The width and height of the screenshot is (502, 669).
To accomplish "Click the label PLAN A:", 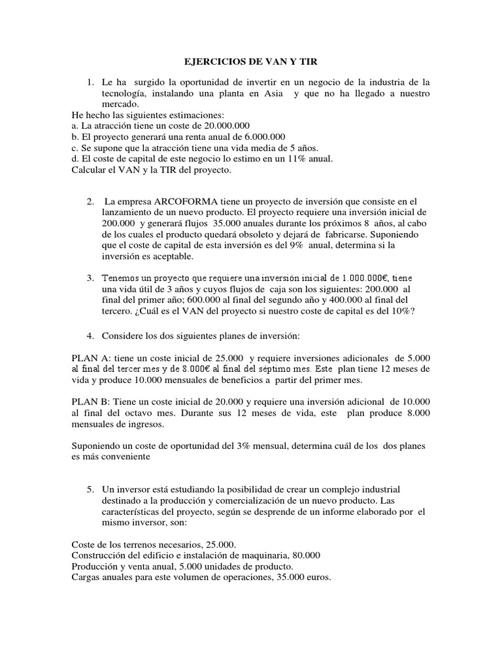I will click(x=92, y=358).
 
